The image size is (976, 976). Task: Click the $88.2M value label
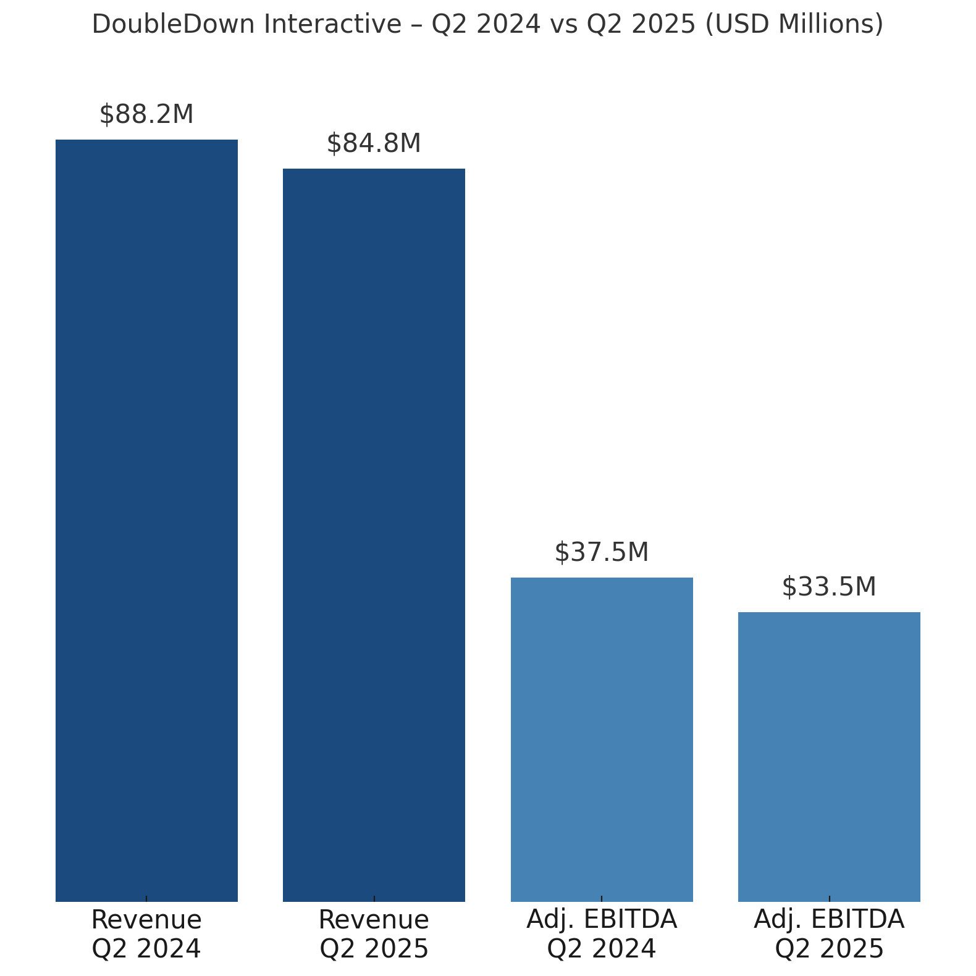[x=146, y=115]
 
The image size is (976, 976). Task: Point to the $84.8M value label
[x=374, y=144]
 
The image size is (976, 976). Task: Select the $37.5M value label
[x=602, y=553]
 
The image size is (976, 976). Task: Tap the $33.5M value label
[x=829, y=587]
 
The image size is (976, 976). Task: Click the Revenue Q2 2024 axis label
[x=146, y=934]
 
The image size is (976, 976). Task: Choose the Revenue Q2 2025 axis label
[x=374, y=934]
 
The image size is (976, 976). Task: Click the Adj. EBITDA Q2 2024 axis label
[x=602, y=934]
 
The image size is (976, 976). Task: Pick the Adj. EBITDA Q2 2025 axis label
[x=829, y=934]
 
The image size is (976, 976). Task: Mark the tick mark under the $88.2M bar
[x=146, y=898]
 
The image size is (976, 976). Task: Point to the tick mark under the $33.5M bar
[x=829, y=898]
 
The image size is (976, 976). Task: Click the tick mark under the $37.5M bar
[x=602, y=898]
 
